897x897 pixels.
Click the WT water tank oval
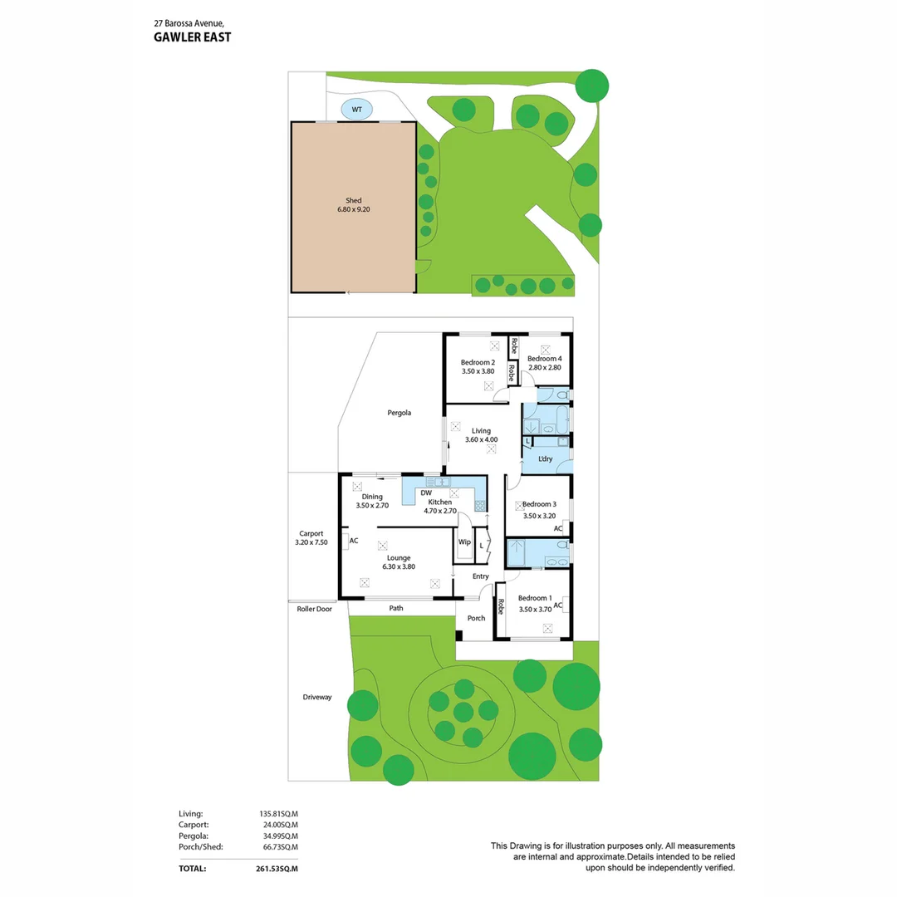[x=357, y=109]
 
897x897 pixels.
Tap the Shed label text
[x=354, y=201]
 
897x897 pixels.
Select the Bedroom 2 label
[x=478, y=362]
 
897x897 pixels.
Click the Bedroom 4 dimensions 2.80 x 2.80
[x=545, y=368]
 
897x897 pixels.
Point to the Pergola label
[x=399, y=412]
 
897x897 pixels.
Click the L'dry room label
[x=546, y=458]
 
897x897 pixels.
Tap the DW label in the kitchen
[x=427, y=493]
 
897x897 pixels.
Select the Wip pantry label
[x=464, y=542]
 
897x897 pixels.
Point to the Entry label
[x=481, y=576]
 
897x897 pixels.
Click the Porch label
[x=476, y=618]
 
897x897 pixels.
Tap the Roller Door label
[x=315, y=609]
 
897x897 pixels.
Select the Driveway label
[x=317, y=697]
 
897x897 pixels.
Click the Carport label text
[x=311, y=533]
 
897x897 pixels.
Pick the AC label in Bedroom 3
[x=558, y=528]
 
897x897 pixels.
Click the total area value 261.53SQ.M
[x=278, y=868]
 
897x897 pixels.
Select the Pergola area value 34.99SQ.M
[x=278, y=836]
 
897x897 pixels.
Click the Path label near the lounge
[x=396, y=608]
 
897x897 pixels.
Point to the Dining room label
[x=372, y=497]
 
